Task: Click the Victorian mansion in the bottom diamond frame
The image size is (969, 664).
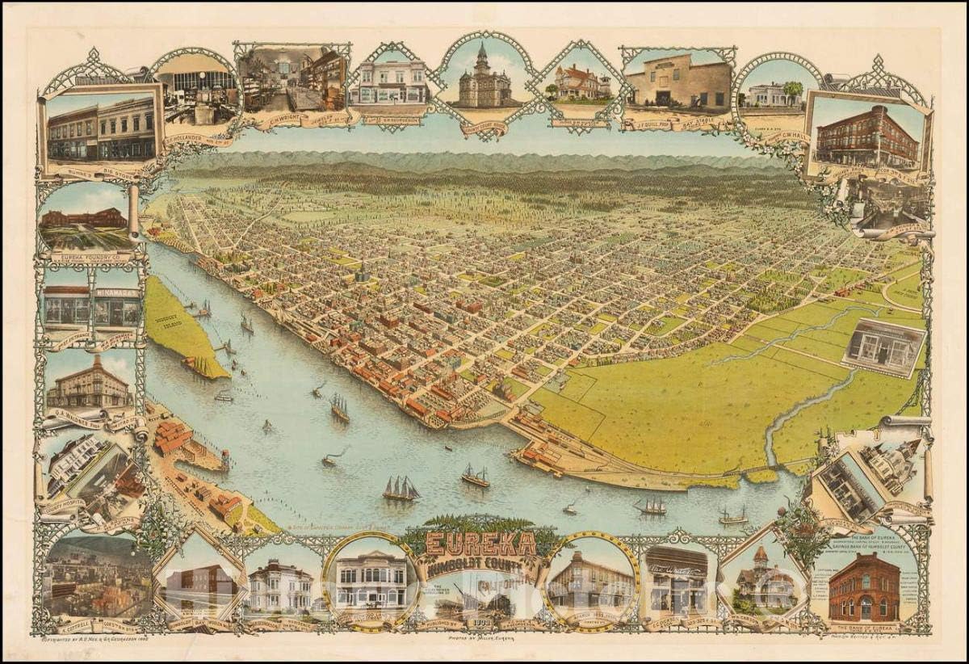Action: coord(761,580)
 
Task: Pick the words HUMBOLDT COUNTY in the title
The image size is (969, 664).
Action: coord(482,565)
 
